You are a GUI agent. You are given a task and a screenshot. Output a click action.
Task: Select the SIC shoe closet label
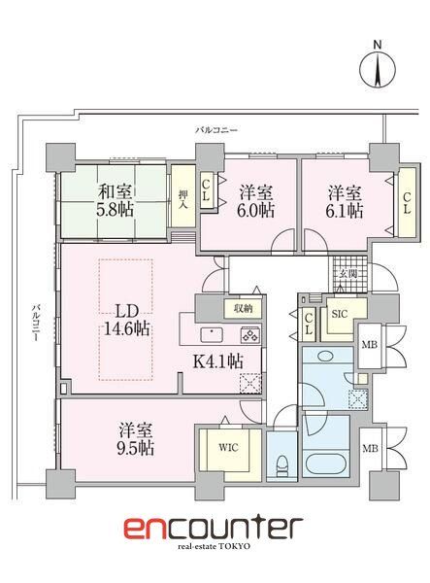(x=340, y=314)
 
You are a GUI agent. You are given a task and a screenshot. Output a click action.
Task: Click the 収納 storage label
(x=243, y=309)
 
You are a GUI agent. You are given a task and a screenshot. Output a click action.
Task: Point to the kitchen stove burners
(x=248, y=336)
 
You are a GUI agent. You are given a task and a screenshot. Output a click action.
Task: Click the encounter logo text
(x=213, y=530)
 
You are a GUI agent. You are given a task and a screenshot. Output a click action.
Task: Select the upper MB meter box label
(x=370, y=345)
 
